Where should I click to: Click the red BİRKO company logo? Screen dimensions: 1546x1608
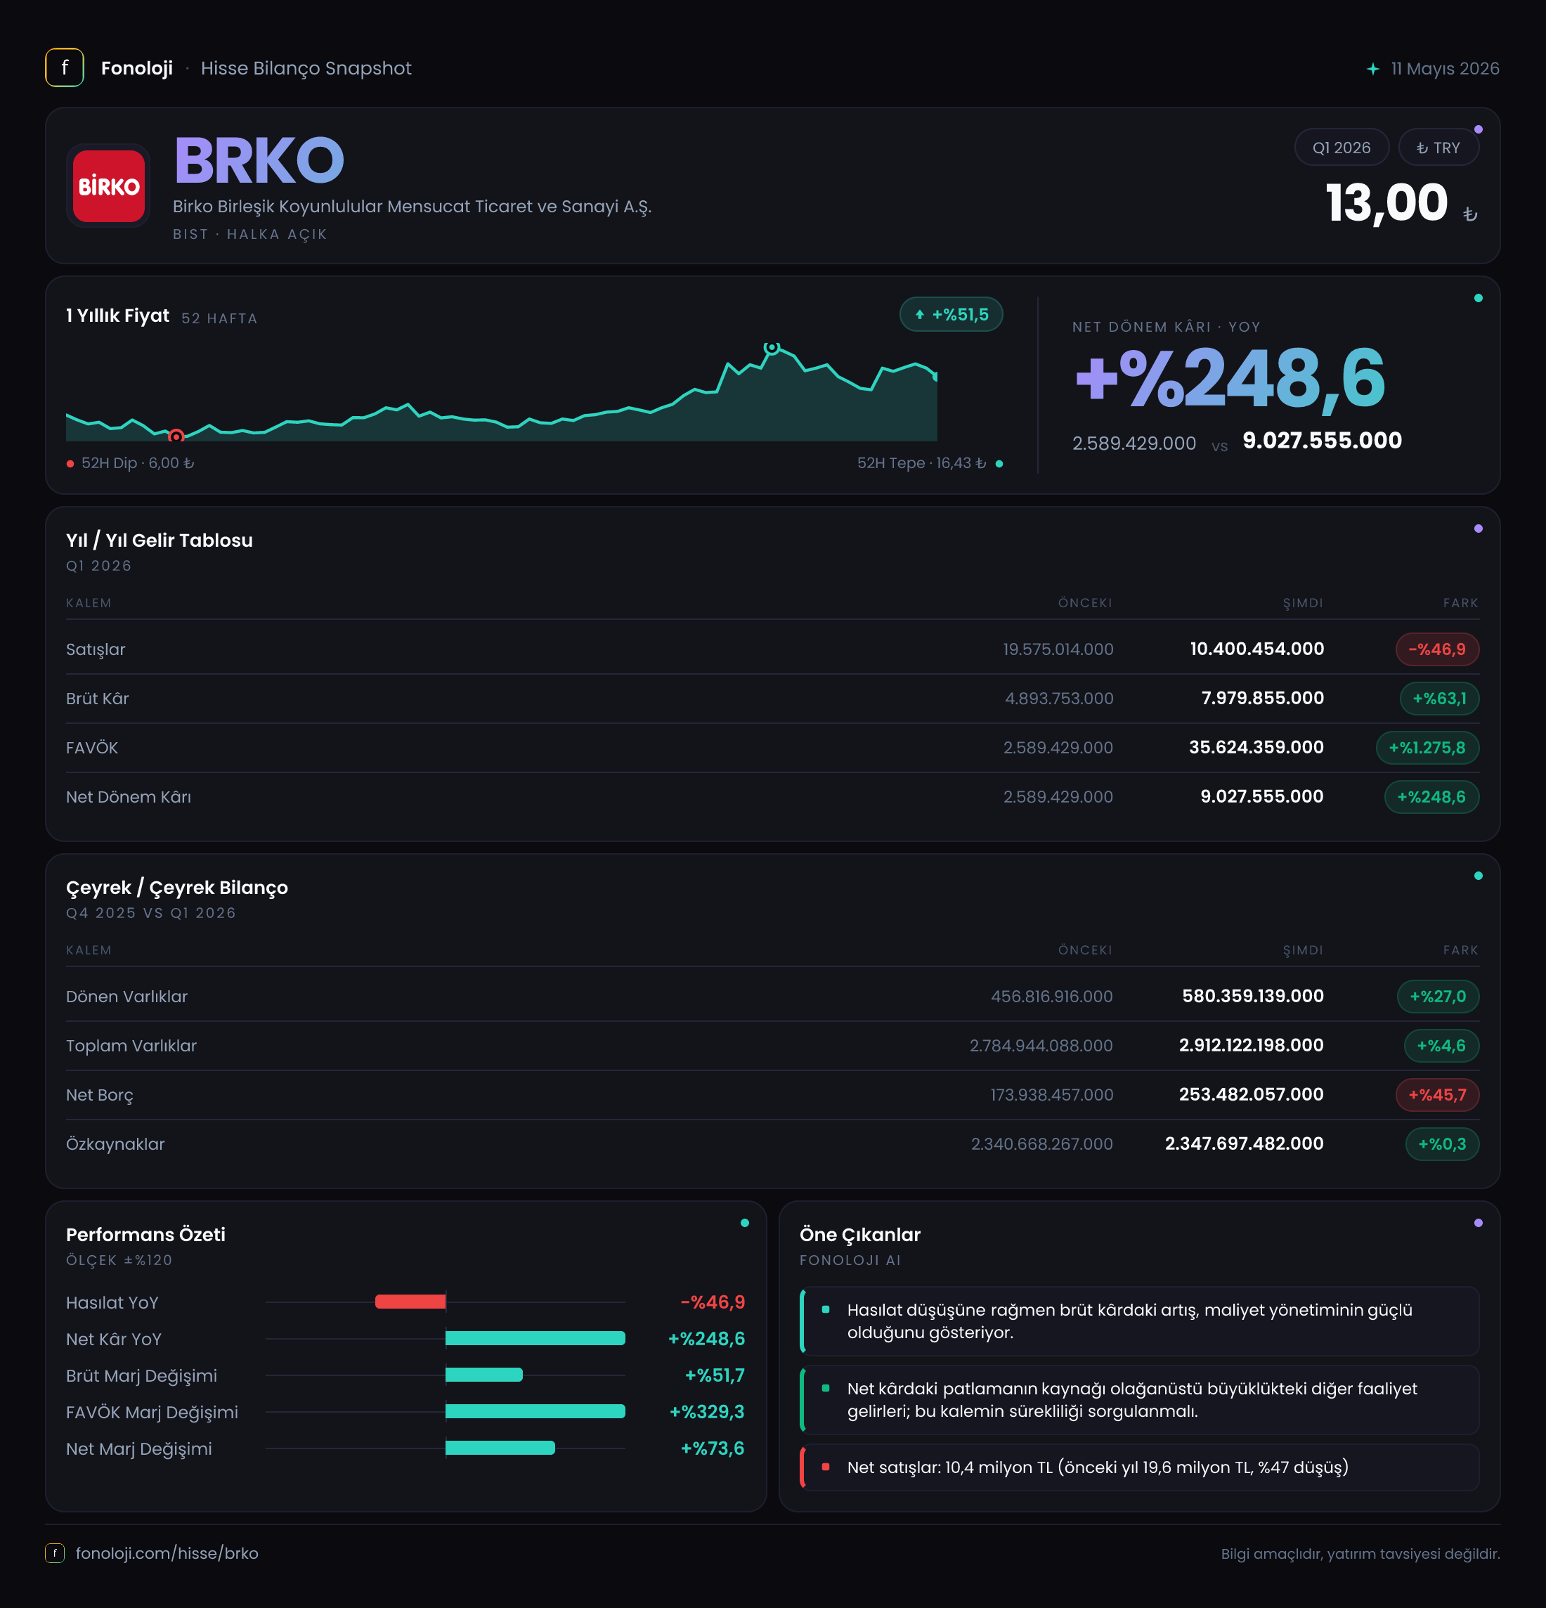click(108, 186)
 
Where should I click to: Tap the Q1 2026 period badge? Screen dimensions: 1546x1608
click(1341, 148)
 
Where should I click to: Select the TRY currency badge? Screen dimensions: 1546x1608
click(1438, 148)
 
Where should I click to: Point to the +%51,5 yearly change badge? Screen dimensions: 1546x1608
click(951, 314)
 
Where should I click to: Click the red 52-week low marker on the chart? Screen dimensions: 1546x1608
click(176, 436)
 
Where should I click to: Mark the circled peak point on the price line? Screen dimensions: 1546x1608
click(771, 348)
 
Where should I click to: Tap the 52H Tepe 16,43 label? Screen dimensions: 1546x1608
click(921, 464)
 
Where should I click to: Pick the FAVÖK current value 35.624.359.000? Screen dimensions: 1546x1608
click(1256, 747)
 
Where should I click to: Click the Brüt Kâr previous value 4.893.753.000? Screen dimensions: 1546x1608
click(1059, 698)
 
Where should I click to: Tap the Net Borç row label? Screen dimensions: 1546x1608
click(99, 1095)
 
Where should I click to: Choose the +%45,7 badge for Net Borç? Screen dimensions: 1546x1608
click(1437, 1094)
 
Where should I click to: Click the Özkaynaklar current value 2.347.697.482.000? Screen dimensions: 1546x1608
click(1245, 1143)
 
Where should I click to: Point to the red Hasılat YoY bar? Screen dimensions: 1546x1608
click(410, 1302)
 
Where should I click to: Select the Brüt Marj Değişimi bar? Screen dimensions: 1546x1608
click(484, 1375)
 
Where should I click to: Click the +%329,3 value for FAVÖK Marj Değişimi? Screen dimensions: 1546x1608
click(706, 1412)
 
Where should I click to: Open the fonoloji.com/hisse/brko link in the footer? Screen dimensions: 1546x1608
click(167, 1553)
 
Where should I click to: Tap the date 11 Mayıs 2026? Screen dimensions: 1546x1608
click(1444, 69)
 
